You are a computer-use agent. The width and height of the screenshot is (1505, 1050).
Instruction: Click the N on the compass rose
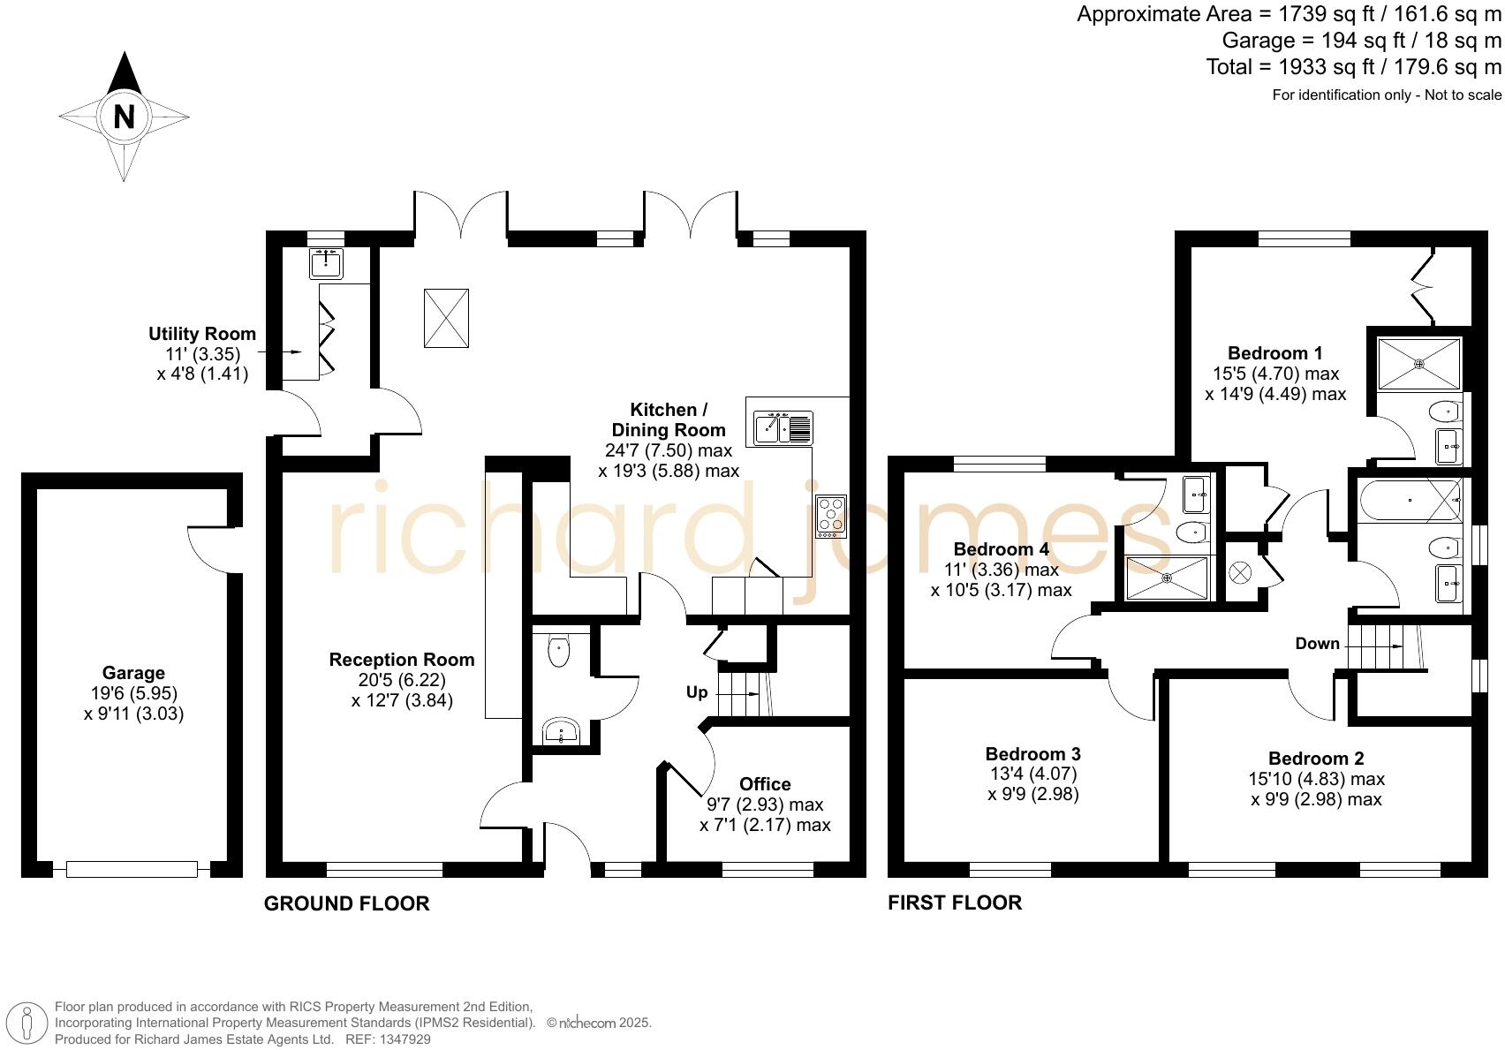[124, 117]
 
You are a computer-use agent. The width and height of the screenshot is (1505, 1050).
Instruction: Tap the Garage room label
[133, 673]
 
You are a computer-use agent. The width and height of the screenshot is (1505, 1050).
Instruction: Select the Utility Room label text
[202, 334]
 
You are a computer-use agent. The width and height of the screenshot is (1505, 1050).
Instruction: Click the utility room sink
[326, 263]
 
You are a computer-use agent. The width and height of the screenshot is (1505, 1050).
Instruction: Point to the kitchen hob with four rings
[830, 517]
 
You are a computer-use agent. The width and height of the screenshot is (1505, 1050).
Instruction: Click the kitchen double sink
[783, 428]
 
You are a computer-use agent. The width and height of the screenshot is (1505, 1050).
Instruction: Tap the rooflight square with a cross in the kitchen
[446, 319]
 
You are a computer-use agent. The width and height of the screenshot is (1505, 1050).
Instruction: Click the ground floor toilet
[559, 652]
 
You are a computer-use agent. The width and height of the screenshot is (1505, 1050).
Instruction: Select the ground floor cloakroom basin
[561, 731]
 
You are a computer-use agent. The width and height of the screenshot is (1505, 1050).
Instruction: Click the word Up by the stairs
[697, 692]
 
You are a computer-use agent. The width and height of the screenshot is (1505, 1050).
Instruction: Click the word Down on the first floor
[1317, 644]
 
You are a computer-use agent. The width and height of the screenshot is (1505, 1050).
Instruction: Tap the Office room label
[765, 784]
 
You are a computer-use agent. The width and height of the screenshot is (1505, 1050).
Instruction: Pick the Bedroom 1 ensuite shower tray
[1419, 363]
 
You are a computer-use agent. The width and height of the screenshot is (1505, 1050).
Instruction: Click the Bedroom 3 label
[1032, 754]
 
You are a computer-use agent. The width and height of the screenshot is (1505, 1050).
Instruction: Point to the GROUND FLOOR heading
[346, 903]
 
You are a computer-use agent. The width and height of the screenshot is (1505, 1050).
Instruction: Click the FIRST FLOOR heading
[954, 903]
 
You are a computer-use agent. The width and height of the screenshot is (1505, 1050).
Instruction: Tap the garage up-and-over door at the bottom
[132, 870]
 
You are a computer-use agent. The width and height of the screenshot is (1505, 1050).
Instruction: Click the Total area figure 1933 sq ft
[1353, 67]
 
